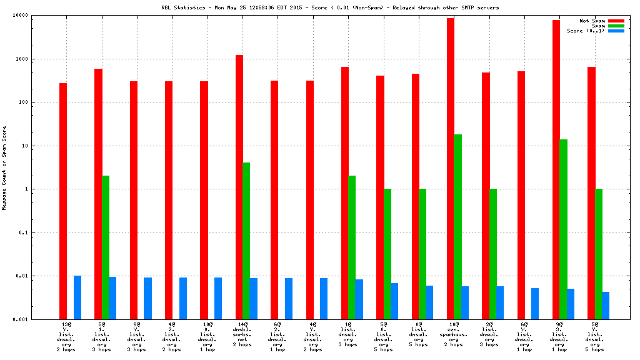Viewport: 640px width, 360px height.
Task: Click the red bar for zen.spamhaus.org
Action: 450,169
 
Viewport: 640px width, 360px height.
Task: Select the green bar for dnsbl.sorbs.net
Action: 246,241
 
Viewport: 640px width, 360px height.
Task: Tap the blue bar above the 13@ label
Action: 77,297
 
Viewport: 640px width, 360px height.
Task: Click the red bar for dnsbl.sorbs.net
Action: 239,187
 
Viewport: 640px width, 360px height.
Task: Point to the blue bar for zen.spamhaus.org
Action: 464,302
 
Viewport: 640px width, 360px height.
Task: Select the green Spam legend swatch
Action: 616,26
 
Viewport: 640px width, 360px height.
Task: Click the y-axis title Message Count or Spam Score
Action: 5,167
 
